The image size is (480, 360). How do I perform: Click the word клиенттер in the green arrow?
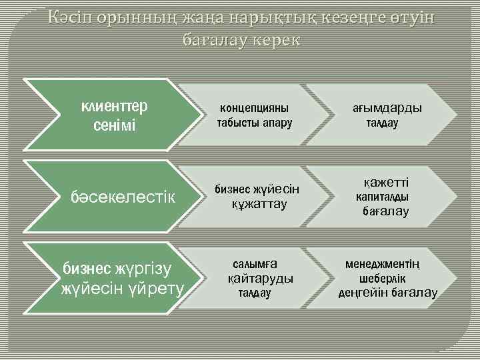(114, 107)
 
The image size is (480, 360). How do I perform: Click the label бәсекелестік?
(123, 197)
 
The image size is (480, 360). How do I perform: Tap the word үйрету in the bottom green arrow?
(156, 289)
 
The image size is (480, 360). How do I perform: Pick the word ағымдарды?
(387, 108)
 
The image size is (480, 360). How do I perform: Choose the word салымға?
(254, 263)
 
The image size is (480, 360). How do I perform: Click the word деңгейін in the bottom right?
(363, 293)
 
